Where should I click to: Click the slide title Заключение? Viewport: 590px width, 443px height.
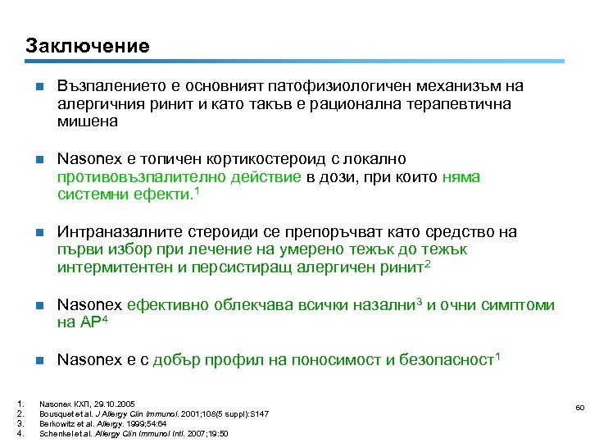click(87, 45)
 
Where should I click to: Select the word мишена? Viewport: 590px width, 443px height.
click(88, 121)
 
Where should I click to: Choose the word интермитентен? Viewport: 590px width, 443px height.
click(106, 267)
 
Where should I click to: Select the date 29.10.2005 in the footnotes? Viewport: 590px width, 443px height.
click(93, 404)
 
